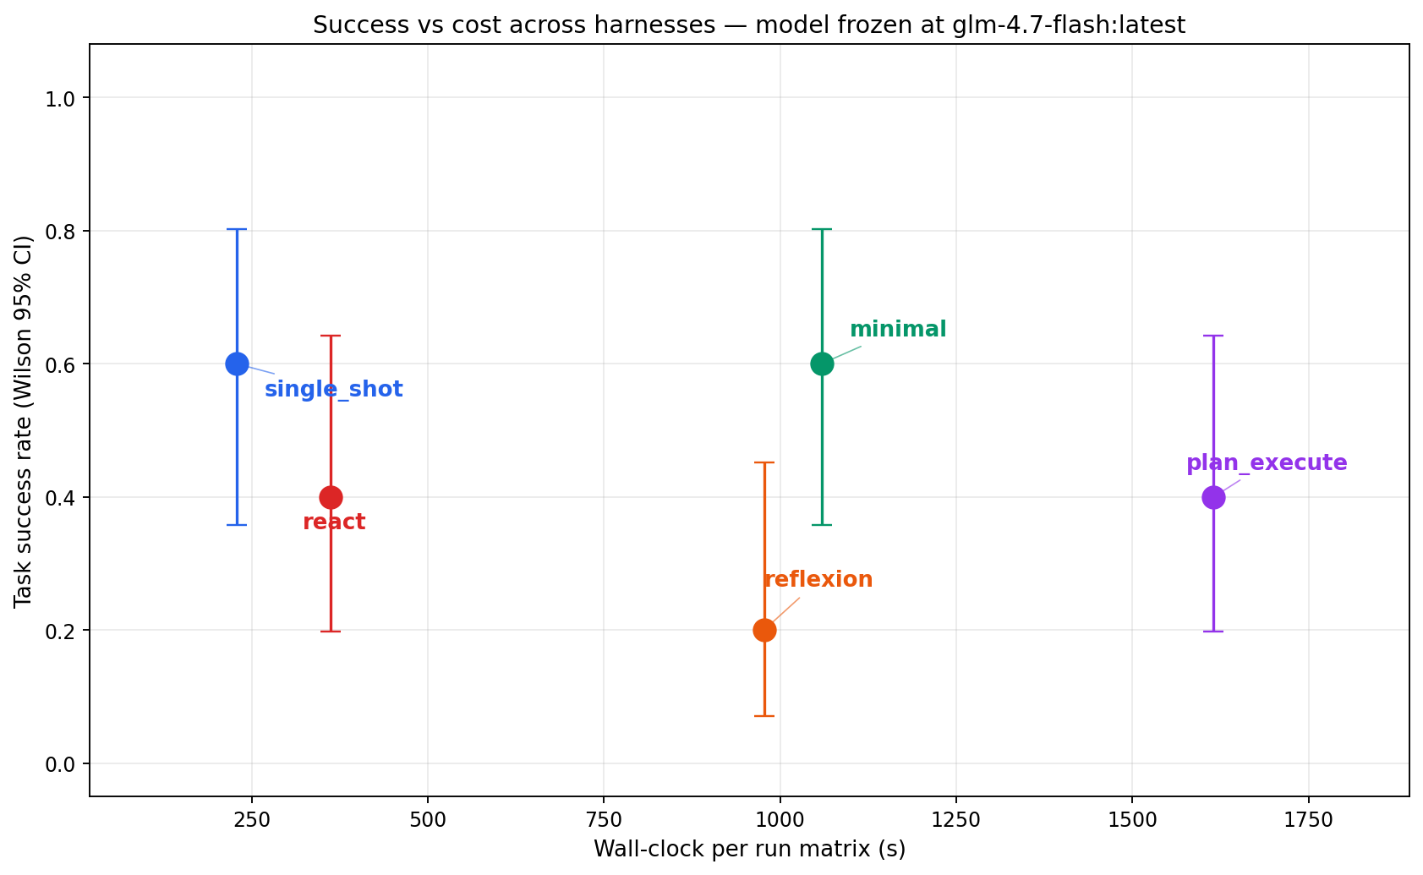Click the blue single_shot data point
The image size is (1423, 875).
click(x=237, y=364)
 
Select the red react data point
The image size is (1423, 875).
click(x=331, y=497)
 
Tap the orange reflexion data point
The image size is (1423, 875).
click(x=764, y=630)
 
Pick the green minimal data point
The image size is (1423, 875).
click(x=822, y=364)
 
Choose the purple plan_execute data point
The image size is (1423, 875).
click(x=1213, y=497)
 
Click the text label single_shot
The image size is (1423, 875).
click(x=333, y=390)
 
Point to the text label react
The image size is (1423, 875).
click(x=334, y=522)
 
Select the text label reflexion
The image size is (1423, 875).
click(x=818, y=580)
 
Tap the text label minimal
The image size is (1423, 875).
click(x=898, y=330)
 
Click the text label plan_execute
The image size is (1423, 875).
click(x=1266, y=463)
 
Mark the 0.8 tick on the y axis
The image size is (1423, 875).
click(x=60, y=232)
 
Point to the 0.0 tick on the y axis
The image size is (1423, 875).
click(x=60, y=764)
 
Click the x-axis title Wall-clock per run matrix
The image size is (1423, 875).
click(x=749, y=849)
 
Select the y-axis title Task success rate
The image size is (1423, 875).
click(x=23, y=420)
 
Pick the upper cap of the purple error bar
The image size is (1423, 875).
click(x=1213, y=336)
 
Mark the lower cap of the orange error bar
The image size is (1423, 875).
click(x=764, y=716)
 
